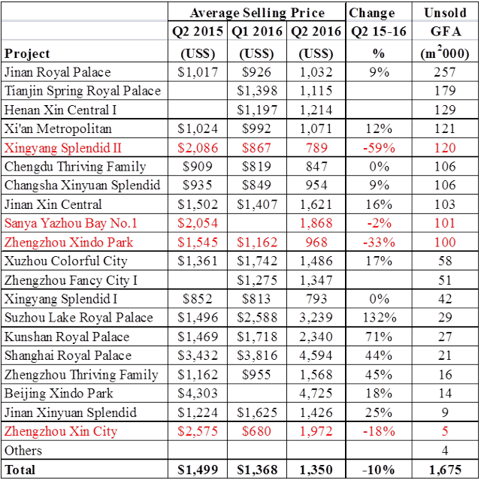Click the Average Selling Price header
click(257, 13)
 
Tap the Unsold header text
click(445, 13)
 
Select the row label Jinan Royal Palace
click(57, 72)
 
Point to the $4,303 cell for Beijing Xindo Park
click(198, 394)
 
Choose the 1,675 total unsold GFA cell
click(445, 469)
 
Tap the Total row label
click(21, 469)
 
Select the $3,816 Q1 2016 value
click(256, 355)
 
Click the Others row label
click(23, 451)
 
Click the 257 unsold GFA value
click(445, 72)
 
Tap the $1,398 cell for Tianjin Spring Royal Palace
click(256, 91)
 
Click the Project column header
click(27, 53)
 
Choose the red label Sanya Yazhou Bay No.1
click(71, 223)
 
